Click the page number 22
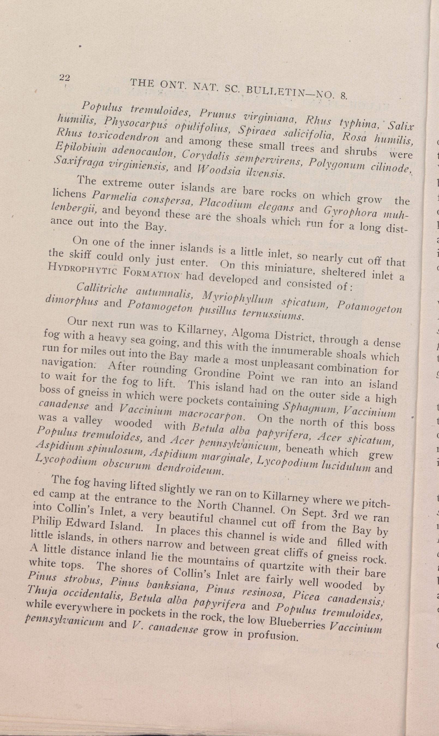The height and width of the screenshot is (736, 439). [x=64, y=78]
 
